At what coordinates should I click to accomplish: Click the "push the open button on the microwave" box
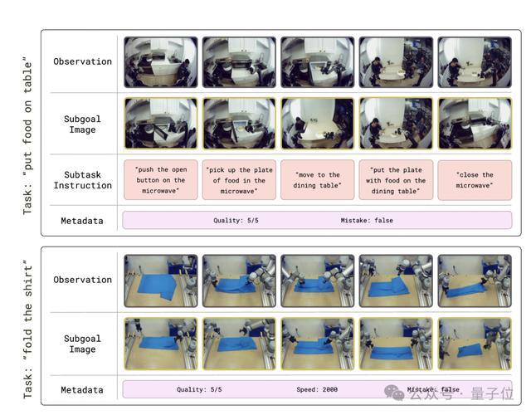pyautogui.click(x=160, y=180)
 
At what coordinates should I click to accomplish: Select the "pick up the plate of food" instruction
pyautogui.click(x=239, y=180)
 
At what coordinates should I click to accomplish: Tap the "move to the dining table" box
pyautogui.click(x=317, y=180)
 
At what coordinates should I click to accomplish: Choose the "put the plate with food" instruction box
pyautogui.click(x=396, y=180)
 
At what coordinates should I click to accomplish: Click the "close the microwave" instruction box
pyautogui.click(x=475, y=180)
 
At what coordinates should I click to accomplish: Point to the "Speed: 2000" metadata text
pyautogui.click(x=317, y=389)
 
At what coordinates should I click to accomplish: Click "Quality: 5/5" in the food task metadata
pyautogui.click(x=236, y=220)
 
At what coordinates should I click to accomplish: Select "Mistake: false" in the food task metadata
pyautogui.click(x=367, y=220)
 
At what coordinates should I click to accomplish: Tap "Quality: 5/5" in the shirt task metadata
pyautogui.click(x=199, y=389)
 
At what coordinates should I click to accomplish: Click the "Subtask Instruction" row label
pyautogui.click(x=83, y=180)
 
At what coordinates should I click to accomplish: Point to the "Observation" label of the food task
pyautogui.click(x=83, y=61)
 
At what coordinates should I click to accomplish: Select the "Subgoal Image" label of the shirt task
pyautogui.click(x=82, y=344)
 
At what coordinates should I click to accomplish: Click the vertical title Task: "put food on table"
pyautogui.click(x=27, y=135)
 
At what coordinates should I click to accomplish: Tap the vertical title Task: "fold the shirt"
pyautogui.click(x=27, y=329)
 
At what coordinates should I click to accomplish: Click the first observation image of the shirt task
pyautogui.click(x=160, y=281)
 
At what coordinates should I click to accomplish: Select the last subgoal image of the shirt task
pyautogui.click(x=475, y=344)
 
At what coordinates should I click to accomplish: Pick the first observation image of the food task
pyautogui.click(x=160, y=62)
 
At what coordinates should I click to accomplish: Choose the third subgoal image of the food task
pyautogui.click(x=317, y=124)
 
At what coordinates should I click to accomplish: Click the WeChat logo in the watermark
pyautogui.click(x=394, y=392)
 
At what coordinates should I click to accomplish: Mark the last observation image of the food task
pyautogui.click(x=475, y=62)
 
